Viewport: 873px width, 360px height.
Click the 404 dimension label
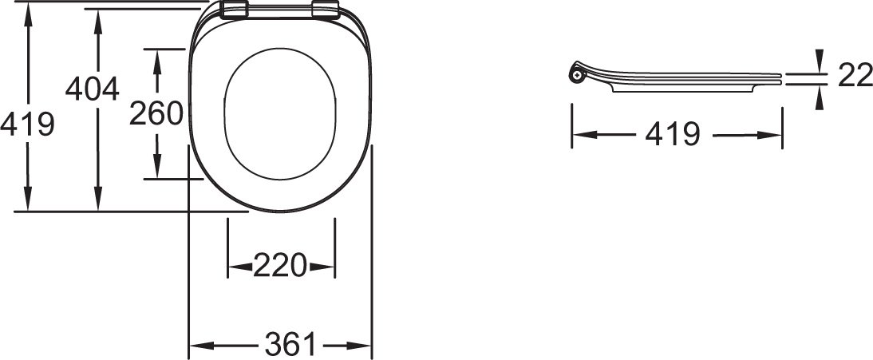coord(92,89)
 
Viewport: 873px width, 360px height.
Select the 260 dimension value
coord(156,113)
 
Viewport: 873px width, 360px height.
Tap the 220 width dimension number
coord(280,265)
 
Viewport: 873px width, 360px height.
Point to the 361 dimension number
coord(290,344)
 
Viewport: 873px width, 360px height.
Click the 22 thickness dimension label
coord(855,75)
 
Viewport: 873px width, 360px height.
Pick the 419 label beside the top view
coord(27,124)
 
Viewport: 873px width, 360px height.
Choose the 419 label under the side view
coord(673,134)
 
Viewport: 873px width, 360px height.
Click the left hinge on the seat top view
coord(234,10)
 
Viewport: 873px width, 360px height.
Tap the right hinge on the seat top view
coord(326,10)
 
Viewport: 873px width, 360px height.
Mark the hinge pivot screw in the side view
coord(578,73)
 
